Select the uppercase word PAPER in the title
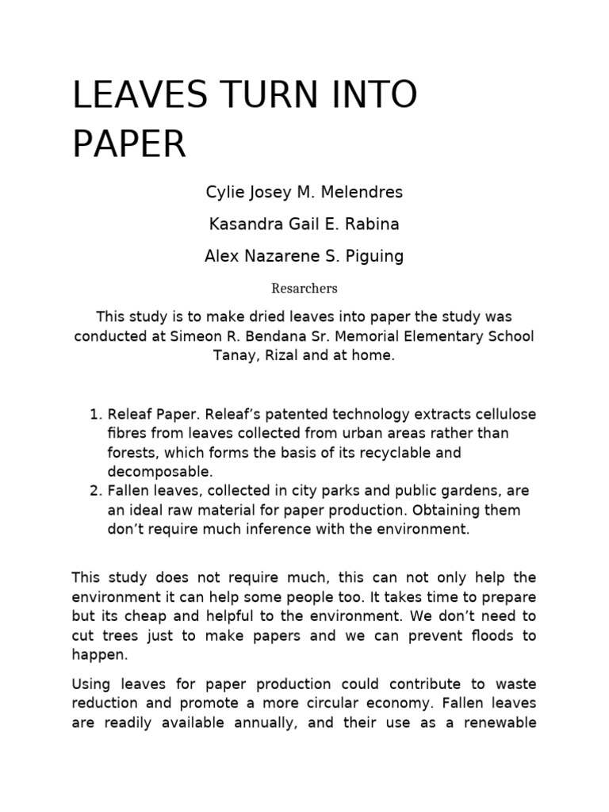coord(129,144)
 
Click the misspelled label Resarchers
coord(304,289)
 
